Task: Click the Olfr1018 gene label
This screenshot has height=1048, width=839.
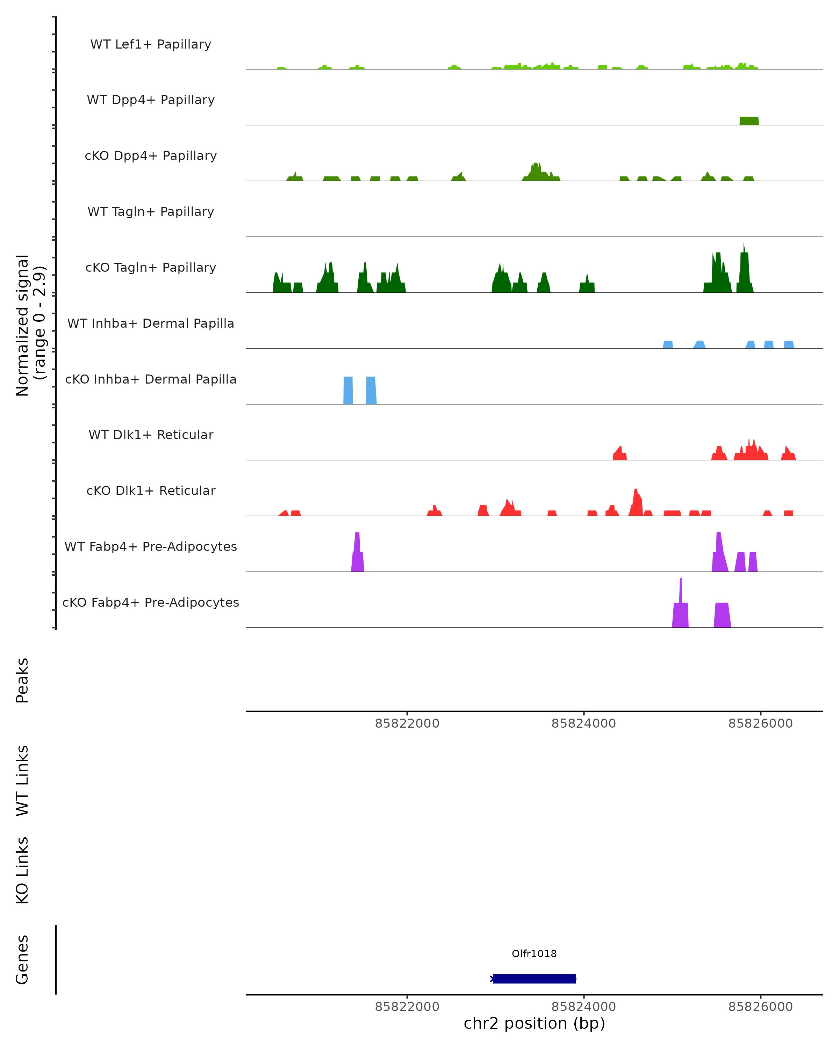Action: (x=534, y=954)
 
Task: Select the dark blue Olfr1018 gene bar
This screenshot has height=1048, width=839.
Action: (x=534, y=979)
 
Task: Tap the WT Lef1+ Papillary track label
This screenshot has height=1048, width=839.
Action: (x=151, y=44)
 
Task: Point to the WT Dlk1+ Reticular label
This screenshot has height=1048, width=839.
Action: (x=151, y=435)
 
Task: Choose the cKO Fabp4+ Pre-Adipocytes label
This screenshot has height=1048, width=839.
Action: (x=151, y=603)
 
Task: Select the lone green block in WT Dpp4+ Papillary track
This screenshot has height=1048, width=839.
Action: (x=749, y=121)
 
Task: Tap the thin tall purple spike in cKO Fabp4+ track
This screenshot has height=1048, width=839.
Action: (x=680, y=591)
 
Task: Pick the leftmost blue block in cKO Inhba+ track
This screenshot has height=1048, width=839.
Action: (x=348, y=390)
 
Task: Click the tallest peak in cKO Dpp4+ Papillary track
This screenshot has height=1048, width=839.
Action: (x=536, y=171)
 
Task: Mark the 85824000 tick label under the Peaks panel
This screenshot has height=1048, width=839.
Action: (x=584, y=724)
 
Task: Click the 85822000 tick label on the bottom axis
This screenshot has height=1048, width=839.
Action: (x=407, y=1007)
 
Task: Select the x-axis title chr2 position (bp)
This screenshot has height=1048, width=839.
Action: (x=534, y=1023)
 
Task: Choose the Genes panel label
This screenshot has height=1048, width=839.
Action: (x=22, y=960)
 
